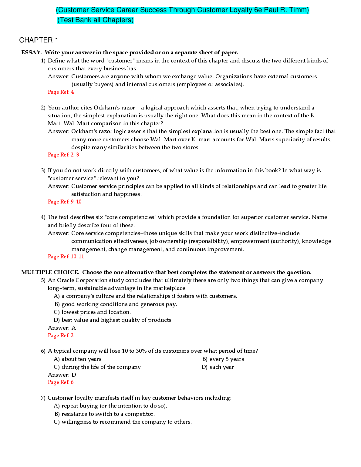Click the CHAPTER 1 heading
point(39,40)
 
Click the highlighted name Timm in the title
point(300,10)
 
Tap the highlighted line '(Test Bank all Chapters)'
point(95,20)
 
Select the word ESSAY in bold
point(31,52)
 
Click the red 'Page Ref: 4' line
point(61,92)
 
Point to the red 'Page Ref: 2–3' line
point(63,155)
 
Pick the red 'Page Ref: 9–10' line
point(65,202)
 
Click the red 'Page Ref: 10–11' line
point(66,257)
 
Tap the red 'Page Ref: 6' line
point(61,382)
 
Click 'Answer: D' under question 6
point(62,375)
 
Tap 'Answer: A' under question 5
point(62,328)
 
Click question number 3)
point(43,170)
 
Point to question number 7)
point(43,398)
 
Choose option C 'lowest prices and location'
point(96,312)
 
